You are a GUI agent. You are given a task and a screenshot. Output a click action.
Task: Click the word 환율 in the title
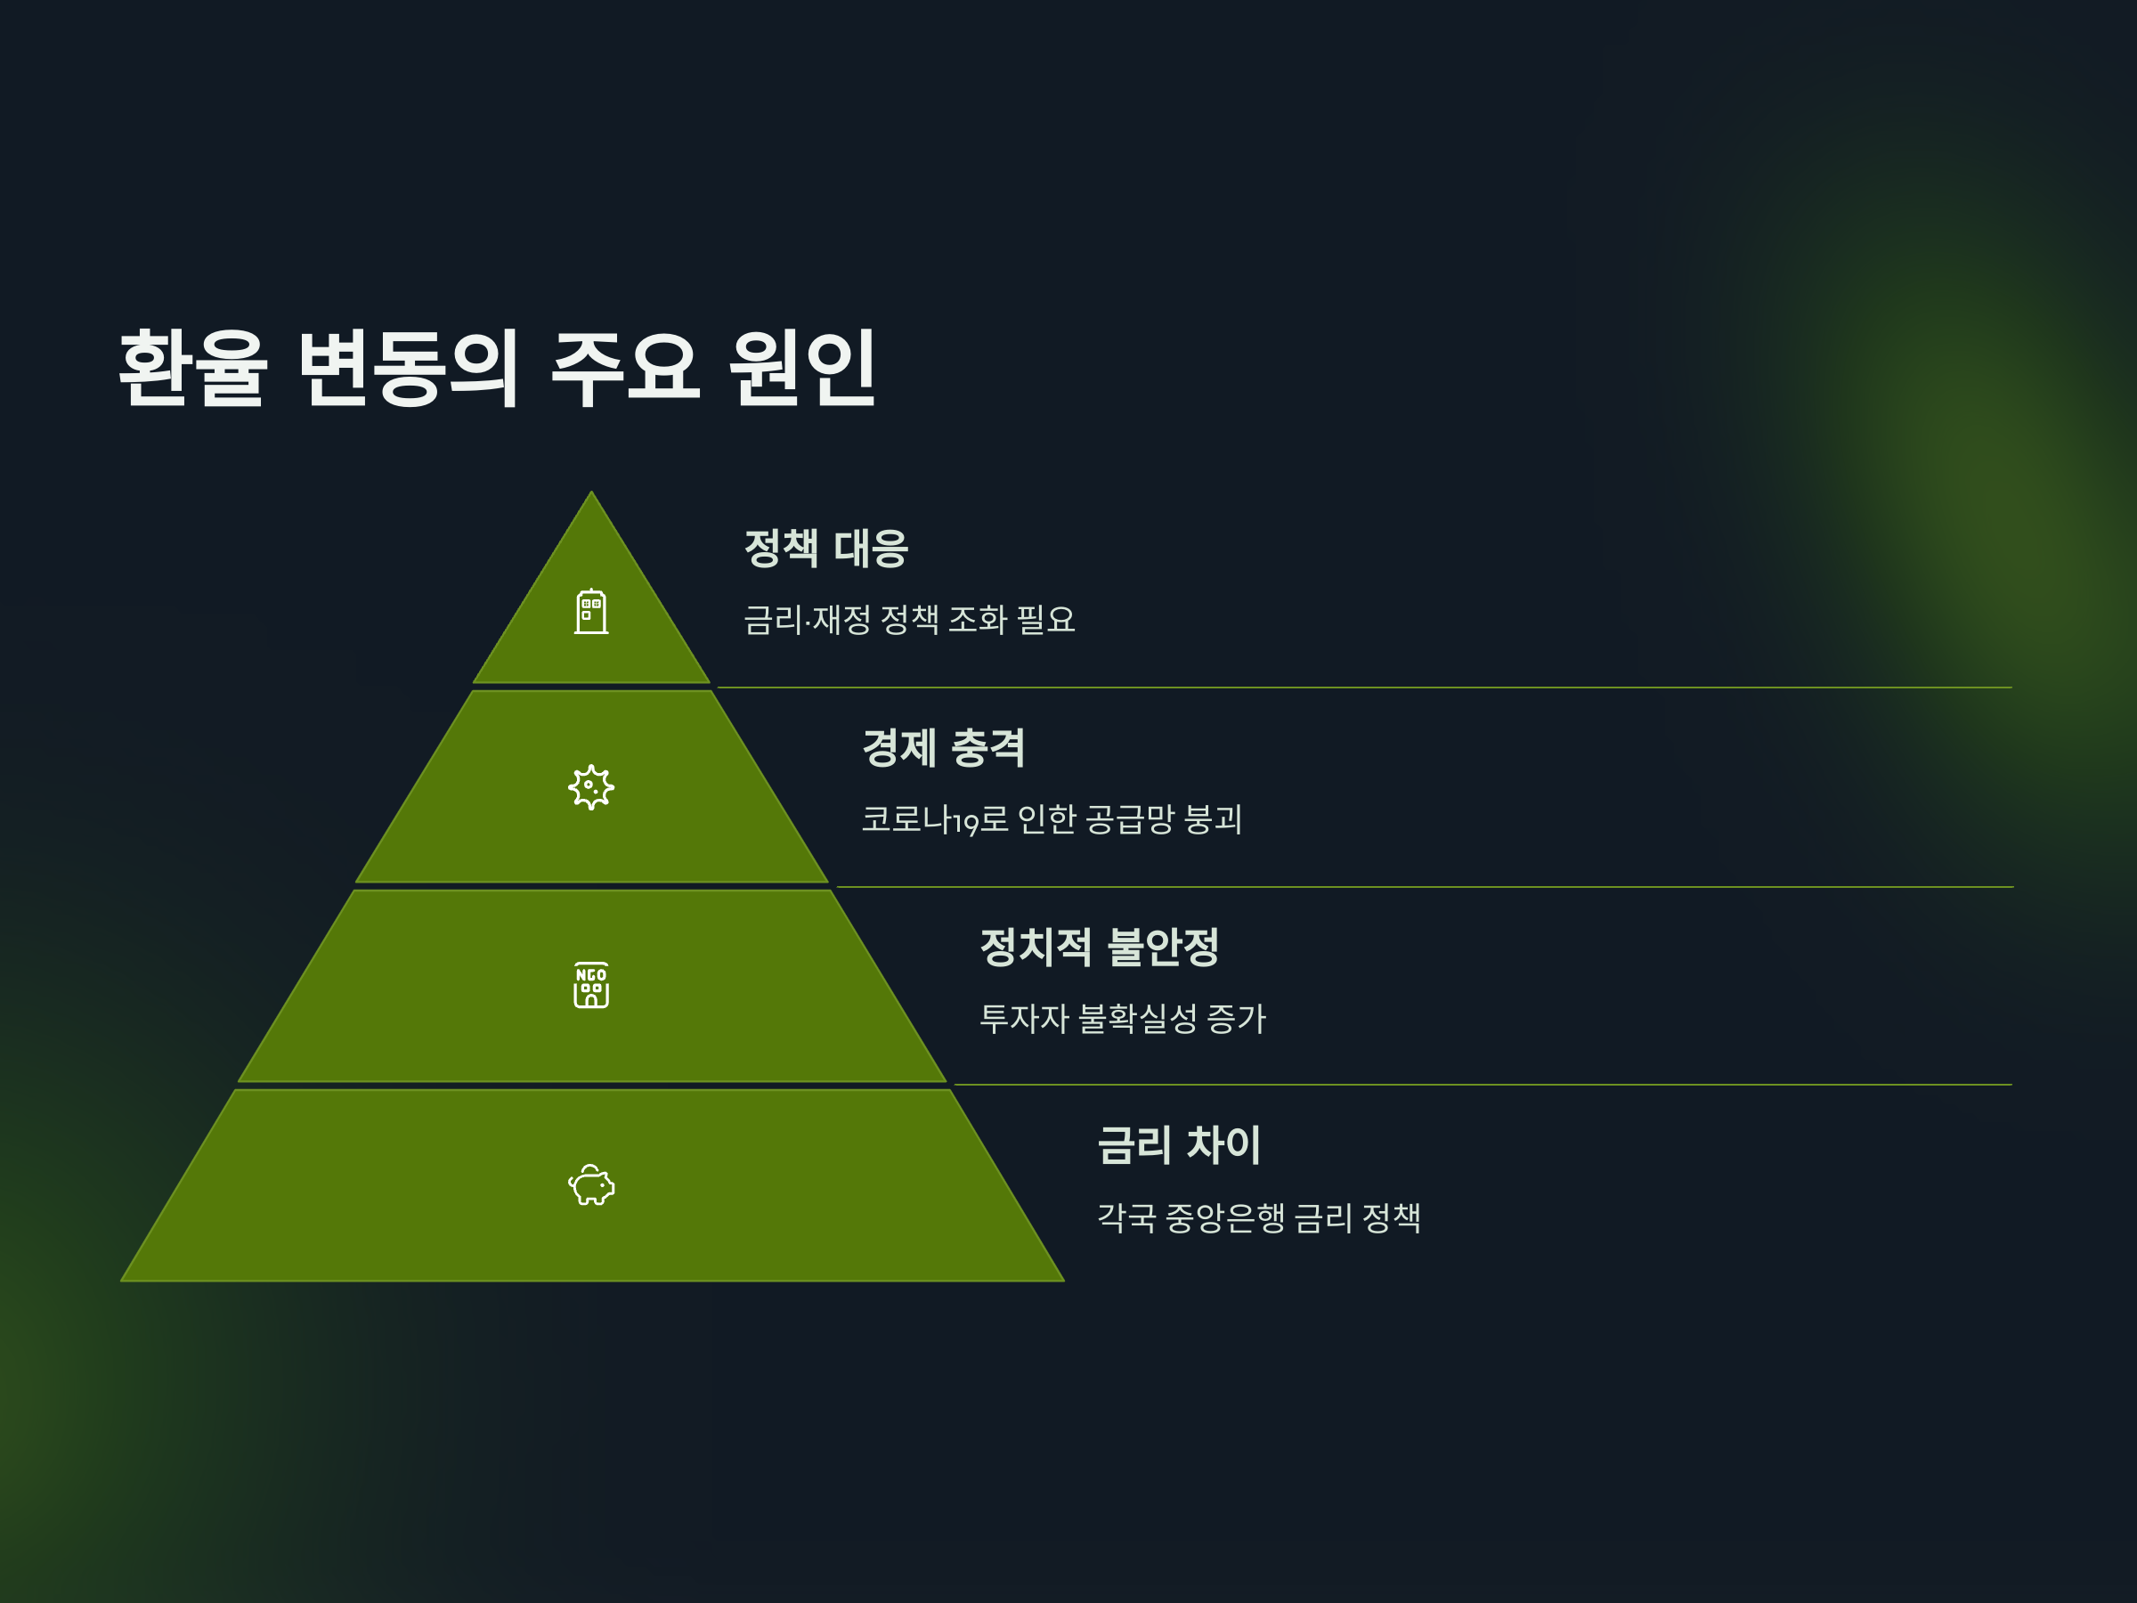(192, 367)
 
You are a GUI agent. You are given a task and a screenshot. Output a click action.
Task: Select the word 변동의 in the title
(409, 367)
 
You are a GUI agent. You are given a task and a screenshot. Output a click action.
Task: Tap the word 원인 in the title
(802, 367)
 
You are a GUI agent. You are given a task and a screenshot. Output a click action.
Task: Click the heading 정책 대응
(826, 549)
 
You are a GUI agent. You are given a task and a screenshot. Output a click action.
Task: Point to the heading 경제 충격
(944, 748)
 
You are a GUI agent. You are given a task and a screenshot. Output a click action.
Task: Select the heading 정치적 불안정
(1100, 947)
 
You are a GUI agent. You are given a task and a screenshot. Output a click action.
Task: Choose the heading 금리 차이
(1179, 1145)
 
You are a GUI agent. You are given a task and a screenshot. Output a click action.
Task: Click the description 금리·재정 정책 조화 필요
(909, 619)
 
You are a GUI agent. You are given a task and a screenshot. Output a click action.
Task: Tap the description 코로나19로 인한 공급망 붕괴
(1051, 819)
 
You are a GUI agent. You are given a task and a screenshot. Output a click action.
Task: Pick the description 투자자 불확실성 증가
(1122, 1019)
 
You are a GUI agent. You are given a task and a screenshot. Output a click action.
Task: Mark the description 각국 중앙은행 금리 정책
(1258, 1217)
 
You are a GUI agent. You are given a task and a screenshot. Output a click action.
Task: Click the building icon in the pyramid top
(591, 612)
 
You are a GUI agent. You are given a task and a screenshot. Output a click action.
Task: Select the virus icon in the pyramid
(591, 787)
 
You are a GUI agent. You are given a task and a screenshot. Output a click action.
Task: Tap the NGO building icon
(591, 985)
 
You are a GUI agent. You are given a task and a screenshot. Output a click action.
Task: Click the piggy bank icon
(591, 1184)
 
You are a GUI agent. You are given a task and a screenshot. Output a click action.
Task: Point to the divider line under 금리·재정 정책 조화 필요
(1364, 688)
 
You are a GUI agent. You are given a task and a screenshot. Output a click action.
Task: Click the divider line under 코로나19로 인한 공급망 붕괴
(1424, 887)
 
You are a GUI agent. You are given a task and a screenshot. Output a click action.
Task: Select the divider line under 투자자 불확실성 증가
(1482, 1085)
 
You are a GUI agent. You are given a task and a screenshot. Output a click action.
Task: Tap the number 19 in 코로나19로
(966, 823)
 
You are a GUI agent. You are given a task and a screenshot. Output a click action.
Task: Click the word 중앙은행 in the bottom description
(1225, 1217)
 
